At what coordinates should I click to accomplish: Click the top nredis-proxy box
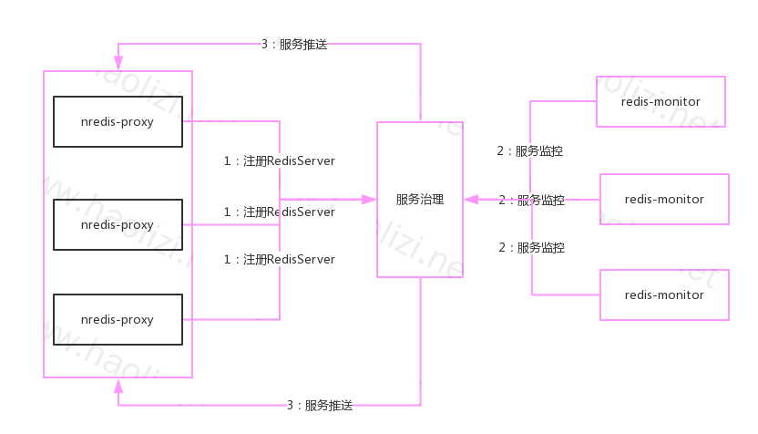click(118, 121)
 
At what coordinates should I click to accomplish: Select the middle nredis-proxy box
click(118, 224)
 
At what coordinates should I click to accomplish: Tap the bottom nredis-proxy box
click(118, 320)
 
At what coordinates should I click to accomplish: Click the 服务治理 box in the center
click(420, 199)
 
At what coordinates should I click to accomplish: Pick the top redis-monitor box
click(661, 101)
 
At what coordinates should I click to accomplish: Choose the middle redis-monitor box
click(664, 199)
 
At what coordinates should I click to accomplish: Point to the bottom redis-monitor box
click(664, 294)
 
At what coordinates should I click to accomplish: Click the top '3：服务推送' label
click(293, 44)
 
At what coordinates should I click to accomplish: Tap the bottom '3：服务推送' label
click(319, 405)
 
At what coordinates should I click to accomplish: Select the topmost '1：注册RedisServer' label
click(280, 160)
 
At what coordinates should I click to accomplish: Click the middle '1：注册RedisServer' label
click(280, 212)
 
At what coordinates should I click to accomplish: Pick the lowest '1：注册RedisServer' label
click(280, 259)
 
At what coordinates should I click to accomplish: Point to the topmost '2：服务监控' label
click(529, 151)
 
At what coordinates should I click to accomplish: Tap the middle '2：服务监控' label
click(531, 200)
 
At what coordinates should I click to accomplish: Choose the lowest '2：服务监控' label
click(531, 247)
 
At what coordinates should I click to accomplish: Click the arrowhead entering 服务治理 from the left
click(370, 199)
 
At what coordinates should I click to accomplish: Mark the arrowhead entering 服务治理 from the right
click(470, 199)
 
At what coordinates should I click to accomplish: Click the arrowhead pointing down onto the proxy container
click(118, 63)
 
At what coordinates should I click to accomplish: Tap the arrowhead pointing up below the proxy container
click(118, 386)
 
